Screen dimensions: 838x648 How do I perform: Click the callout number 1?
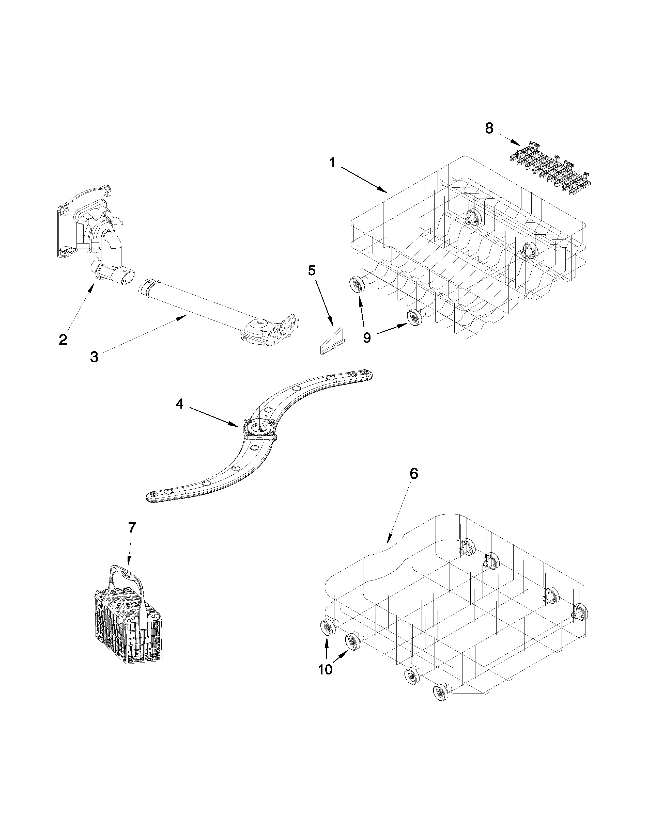(x=332, y=163)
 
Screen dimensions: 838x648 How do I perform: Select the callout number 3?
(x=94, y=357)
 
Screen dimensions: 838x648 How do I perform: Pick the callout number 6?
(x=413, y=474)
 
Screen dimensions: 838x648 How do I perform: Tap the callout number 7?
(x=132, y=528)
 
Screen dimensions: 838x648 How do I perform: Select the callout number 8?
(x=489, y=128)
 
